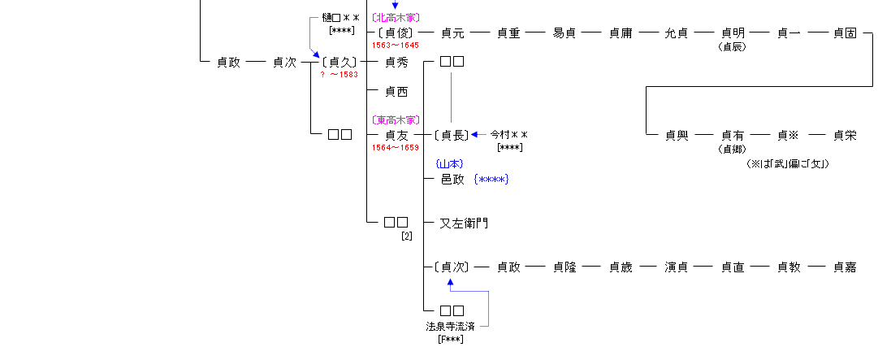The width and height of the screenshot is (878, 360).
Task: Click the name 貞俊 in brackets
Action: coord(396,33)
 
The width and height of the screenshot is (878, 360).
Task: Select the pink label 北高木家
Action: coord(396,17)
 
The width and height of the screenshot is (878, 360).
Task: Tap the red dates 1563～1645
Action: coord(396,46)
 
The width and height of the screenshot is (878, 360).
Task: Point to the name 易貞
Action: coord(564,33)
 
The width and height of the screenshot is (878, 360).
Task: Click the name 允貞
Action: coord(677,33)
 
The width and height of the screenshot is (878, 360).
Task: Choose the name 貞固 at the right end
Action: coord(845,33)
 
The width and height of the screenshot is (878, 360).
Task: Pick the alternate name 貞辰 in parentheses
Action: coord(733,46)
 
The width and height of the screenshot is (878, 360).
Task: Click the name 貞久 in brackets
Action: coord(340,62)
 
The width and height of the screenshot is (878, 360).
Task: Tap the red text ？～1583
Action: coord(340,74)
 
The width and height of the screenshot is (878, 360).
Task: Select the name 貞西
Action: coord(396,92)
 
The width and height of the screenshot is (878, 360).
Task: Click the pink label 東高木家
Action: coord(396,120)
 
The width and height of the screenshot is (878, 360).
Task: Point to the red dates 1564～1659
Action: coord(396,147)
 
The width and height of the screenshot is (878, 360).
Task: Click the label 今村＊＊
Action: coord(509,135)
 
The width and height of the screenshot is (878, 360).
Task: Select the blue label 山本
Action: coord(449,164)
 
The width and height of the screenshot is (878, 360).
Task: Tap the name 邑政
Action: coord(452,179)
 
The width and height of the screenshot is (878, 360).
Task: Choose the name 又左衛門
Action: coord(464,223)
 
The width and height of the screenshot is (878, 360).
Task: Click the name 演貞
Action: coord(677,267)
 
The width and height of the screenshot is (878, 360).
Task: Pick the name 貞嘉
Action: coord(845,267)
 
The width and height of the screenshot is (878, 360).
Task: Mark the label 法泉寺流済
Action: coord(451,327)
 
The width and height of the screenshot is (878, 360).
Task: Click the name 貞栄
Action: coord(845,135)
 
